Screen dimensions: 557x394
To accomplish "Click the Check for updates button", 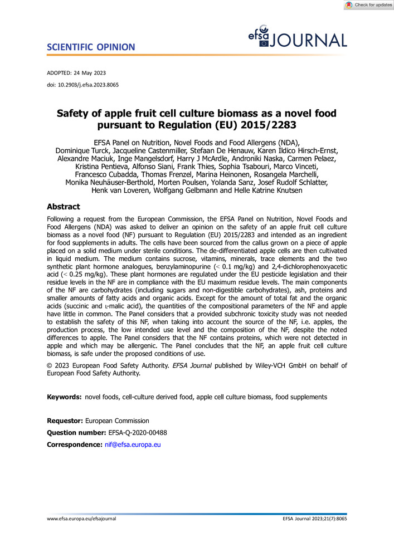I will point(368,5).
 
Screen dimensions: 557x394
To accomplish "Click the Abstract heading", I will point(63,206).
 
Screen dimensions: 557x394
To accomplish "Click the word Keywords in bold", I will point(64,397).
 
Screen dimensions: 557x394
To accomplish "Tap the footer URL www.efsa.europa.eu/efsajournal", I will point(81,519).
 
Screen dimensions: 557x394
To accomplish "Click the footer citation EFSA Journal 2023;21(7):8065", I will point(315,519).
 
